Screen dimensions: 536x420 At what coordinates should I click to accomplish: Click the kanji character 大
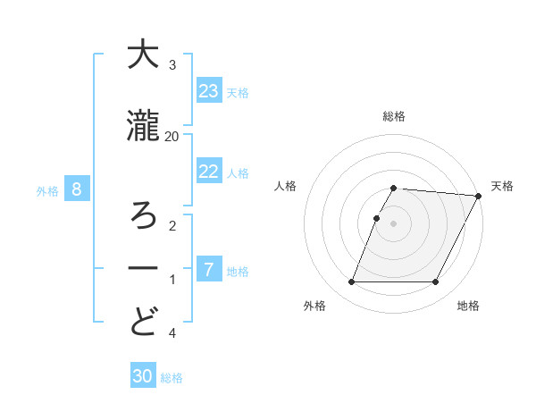click(143, 56)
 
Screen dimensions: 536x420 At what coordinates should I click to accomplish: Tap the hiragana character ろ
click(143, 214)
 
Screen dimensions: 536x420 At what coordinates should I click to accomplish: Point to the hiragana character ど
click(143, 322)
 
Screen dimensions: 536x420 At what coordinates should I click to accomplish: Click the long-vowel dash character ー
click(143, 268)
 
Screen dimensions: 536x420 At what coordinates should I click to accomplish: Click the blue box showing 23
click(209, 90)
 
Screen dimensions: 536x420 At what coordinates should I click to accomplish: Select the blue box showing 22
click(209, 172)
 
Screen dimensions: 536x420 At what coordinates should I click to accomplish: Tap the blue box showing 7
click(209, 270)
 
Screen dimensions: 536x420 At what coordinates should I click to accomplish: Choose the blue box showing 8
click(78, 189)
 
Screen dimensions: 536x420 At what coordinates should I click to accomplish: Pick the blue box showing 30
click(143, 376)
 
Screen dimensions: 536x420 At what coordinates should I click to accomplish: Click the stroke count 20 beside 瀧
click(172, 136)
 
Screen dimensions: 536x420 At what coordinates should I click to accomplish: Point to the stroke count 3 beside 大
click(172, 65)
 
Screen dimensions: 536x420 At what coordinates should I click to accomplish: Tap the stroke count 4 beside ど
click(172, 333)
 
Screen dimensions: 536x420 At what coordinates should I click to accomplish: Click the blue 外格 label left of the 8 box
click(47, 190)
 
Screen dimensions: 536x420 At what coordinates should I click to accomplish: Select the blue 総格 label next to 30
click(172, 378)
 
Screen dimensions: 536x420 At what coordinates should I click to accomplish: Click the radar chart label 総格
click(394, 116)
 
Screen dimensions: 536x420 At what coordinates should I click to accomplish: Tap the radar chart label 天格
click(502, 186)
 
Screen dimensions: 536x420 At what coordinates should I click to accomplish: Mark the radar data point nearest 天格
click(479, 196)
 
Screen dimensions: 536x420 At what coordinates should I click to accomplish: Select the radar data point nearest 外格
click(351, 282)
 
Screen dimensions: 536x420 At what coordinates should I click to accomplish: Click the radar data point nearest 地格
click(436, 282)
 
